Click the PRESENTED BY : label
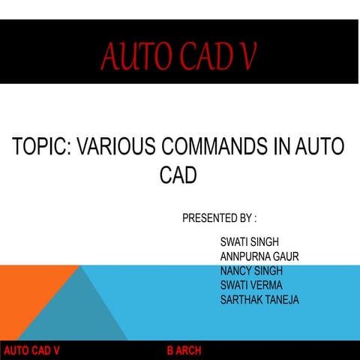[219, 219]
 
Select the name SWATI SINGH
[250, 242]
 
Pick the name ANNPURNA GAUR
[259, 256]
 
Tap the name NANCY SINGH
[251, 271]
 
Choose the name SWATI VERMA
[251, 285]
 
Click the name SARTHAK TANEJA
[259, 299]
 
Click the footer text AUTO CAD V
[31, 351]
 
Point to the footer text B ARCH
[184, 351]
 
